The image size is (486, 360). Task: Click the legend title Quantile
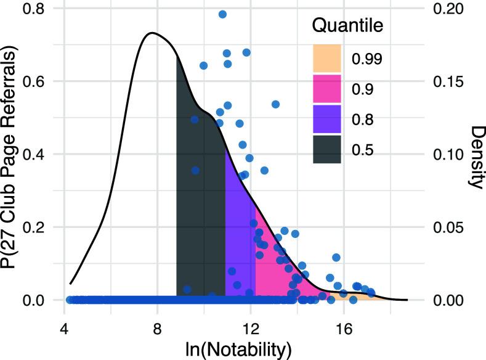[x=348, y=26]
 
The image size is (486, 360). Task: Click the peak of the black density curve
[x=152, y=33]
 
